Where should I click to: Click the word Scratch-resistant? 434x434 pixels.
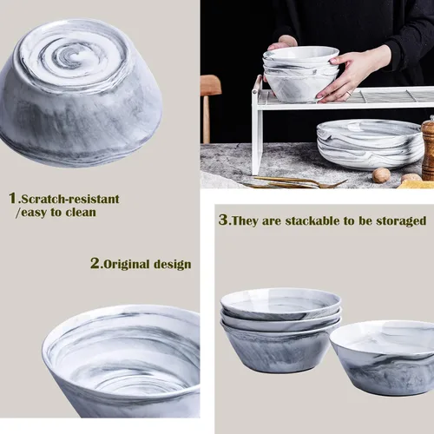(70, 199)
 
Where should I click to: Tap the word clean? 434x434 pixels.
(81, 213)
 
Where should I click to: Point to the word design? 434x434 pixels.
(172, 265)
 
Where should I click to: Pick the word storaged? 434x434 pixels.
(401, 221)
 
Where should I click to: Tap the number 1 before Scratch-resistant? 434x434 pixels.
(13, 199)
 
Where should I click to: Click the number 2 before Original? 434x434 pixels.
(95, 264)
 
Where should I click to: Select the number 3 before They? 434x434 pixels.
(223, 220)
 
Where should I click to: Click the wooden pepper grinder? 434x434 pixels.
(428, 148)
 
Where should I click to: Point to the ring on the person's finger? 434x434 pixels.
(350, 93)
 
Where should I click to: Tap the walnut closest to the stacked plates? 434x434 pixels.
(381, 175)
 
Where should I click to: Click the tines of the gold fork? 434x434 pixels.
(336, 183)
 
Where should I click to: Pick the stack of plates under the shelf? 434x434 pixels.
(370, 144)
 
